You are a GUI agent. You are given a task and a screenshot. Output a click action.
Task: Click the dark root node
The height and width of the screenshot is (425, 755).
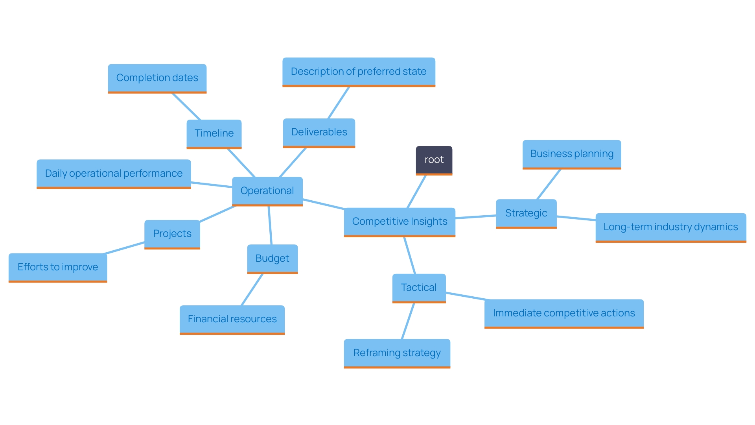click(x=434, y=160)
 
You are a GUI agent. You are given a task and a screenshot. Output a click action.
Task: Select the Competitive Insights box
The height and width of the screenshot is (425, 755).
click(x=400, y=222)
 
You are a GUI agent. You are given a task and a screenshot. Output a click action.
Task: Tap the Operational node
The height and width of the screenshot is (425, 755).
click(x=267, y=191)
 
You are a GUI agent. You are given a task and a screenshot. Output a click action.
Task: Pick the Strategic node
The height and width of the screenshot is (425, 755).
click(x=526, y=213)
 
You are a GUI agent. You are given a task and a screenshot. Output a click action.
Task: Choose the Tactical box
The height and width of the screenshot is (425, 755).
click(x=419, y=288)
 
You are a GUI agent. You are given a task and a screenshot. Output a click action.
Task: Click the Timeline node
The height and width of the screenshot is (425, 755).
click(x=214, y=133)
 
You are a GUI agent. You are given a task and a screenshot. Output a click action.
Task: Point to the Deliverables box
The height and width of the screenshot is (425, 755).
click(x=319, y=132)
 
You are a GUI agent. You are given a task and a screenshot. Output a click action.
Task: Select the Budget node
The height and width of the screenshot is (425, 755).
click(x=272, y=259)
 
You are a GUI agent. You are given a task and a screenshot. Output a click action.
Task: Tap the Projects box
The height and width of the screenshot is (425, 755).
click(x=172, y=234)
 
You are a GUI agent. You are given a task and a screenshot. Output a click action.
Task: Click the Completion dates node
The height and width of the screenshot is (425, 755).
click(x=157, y=78)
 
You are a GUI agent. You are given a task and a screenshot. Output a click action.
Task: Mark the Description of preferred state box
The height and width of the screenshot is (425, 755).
click(x=359, y=72)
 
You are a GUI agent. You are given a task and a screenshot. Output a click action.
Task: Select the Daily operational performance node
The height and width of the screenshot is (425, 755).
click(x=114, y=174)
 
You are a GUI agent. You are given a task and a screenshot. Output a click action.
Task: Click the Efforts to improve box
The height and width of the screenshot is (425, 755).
click(x=58, y=267)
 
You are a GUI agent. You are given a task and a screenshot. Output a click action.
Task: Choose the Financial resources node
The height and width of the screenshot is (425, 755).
click(x=232, y=319)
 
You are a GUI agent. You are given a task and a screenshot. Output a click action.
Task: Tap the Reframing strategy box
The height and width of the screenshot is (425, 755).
click(x=397, y=353)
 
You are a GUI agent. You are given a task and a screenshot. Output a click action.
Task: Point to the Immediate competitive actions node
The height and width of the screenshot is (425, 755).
click(x=564, y=313)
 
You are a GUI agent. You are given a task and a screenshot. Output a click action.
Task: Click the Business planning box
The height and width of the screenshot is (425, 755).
click(x=572, y=154)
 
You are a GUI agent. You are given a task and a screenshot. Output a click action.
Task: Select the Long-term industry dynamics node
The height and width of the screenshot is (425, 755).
click(x=670, y=227)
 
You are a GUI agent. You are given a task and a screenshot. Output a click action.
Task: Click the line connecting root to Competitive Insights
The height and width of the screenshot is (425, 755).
click(x=417, y=191)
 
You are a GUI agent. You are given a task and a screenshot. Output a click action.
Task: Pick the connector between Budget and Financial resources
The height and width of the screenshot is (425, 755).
click(x=252, y=289)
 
